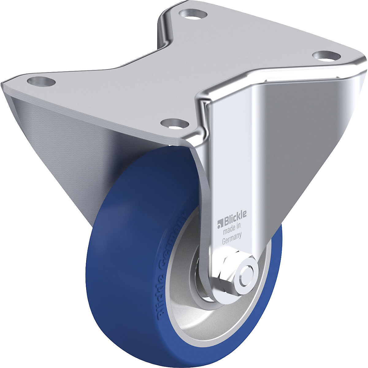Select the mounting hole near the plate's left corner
[41, 82]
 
